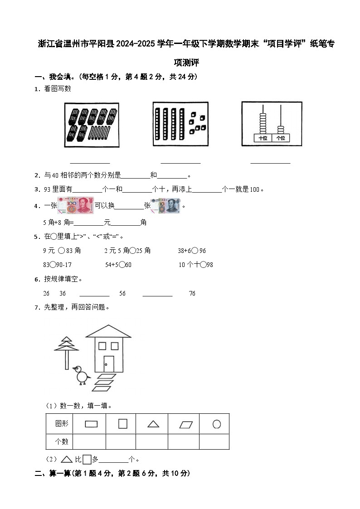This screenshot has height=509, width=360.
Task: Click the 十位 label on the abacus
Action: click(x=263, y=138)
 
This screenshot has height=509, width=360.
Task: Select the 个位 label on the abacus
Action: click(x=281, y=138)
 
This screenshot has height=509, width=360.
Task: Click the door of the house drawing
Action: click(x=109, y=364)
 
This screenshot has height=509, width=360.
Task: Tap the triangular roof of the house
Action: click(x=108, y=332)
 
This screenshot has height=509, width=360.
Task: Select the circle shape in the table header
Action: click(x=217, y=424)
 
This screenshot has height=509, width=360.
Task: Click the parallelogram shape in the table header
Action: click(x=186, y=424)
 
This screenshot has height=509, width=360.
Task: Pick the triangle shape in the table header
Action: click(x=153, y=424)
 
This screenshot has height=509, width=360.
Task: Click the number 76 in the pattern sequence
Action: click(x=192, y=293)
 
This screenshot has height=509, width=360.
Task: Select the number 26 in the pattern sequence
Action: click(x=46, y=293)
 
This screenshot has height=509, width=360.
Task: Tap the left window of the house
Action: click(x=102, y=346)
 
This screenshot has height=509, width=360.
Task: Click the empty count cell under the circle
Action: click(x=214, y=441)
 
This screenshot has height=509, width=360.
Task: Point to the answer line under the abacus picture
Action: click(x=270, y=162)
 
